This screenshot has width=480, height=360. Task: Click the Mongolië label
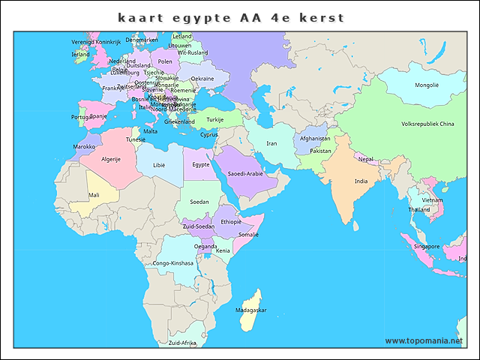[427, 85]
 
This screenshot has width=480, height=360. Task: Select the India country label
[361, 181]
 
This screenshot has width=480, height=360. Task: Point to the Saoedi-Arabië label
[245, 173]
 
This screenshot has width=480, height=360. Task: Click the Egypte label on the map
[200, 165]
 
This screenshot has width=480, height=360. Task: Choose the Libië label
[159, 165]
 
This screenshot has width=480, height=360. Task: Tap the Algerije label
[111, 159]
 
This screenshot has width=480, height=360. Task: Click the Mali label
[94, 195]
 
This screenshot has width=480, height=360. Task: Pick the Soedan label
[199, 202]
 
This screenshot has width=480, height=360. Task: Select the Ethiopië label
[231, 222]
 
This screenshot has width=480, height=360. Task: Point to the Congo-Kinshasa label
[172, 263]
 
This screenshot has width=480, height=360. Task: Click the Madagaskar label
[250, 310]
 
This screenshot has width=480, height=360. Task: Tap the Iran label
[271, 143]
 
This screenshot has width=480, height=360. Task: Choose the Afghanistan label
[315, 139]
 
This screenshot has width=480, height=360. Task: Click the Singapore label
[427, 246]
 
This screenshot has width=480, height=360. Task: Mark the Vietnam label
[433, 200]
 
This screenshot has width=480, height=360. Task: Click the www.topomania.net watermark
[424, 341]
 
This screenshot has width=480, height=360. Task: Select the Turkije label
[215, 119]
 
